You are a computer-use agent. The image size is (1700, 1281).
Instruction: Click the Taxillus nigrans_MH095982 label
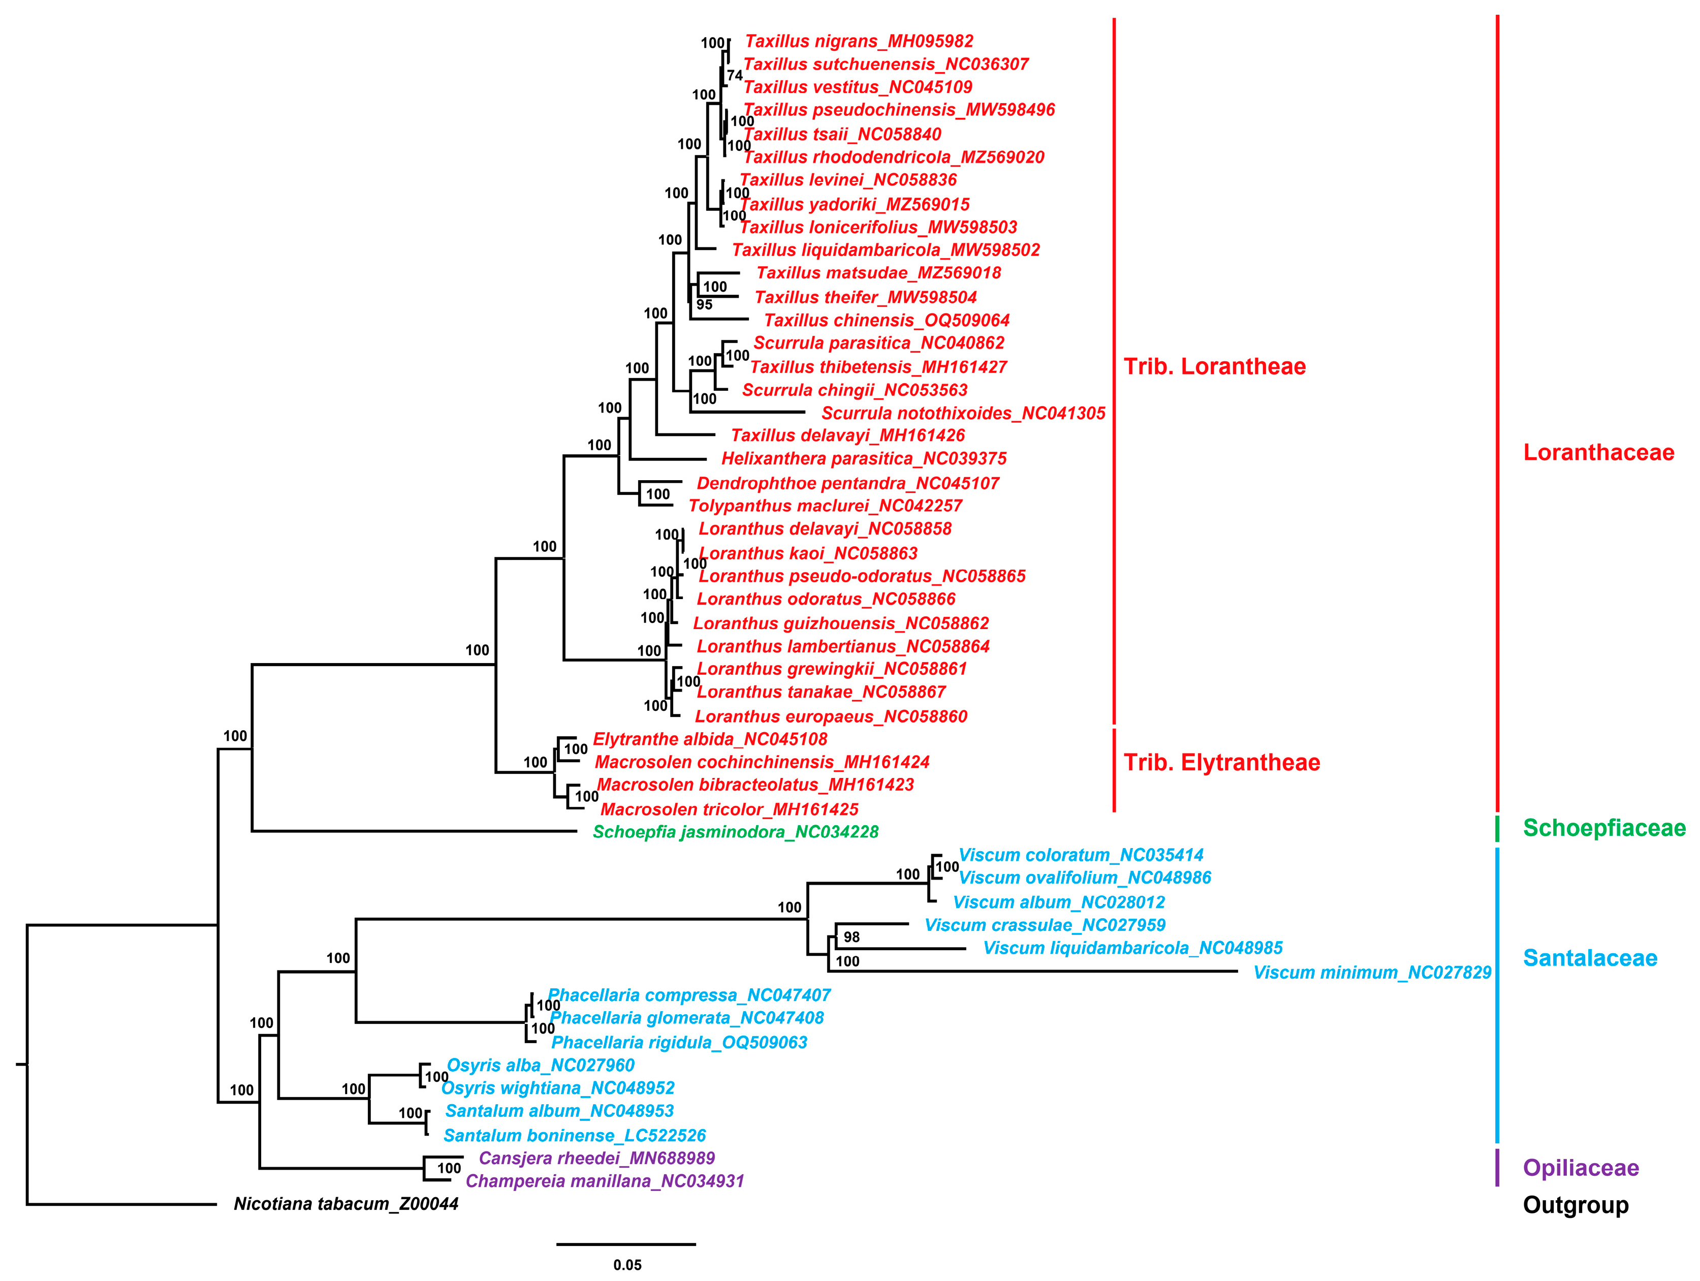[x=859, y=42]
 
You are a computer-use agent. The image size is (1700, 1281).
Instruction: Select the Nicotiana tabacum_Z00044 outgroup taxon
[x=346, y=1204]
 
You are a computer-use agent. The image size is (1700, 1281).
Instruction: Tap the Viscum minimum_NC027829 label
[x=1372, y=973]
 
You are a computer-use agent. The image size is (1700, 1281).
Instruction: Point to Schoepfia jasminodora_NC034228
[x=736, y=832]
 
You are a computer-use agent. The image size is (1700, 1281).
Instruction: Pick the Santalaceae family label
[x=1589, y=958]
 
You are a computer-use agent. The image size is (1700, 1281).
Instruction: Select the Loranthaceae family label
[x=1598, y=453]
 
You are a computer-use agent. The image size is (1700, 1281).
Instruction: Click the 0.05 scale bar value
[x=627, y=1265]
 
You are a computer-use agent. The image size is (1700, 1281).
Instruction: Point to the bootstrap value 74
[x=735, y=75]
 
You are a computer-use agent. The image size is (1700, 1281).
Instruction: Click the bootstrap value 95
[x=704, y=305]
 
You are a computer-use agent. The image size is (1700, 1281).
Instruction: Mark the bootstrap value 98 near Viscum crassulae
[x=852, y=938]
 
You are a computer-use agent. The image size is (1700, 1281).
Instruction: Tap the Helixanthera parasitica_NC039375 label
[x=864, y=459]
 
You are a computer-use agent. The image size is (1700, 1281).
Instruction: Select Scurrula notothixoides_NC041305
[x=963, y=414]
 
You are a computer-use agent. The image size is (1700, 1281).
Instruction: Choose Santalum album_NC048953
[x=559, y=1111]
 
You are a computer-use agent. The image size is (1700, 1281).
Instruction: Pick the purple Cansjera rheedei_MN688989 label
[x=596, y=1158]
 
